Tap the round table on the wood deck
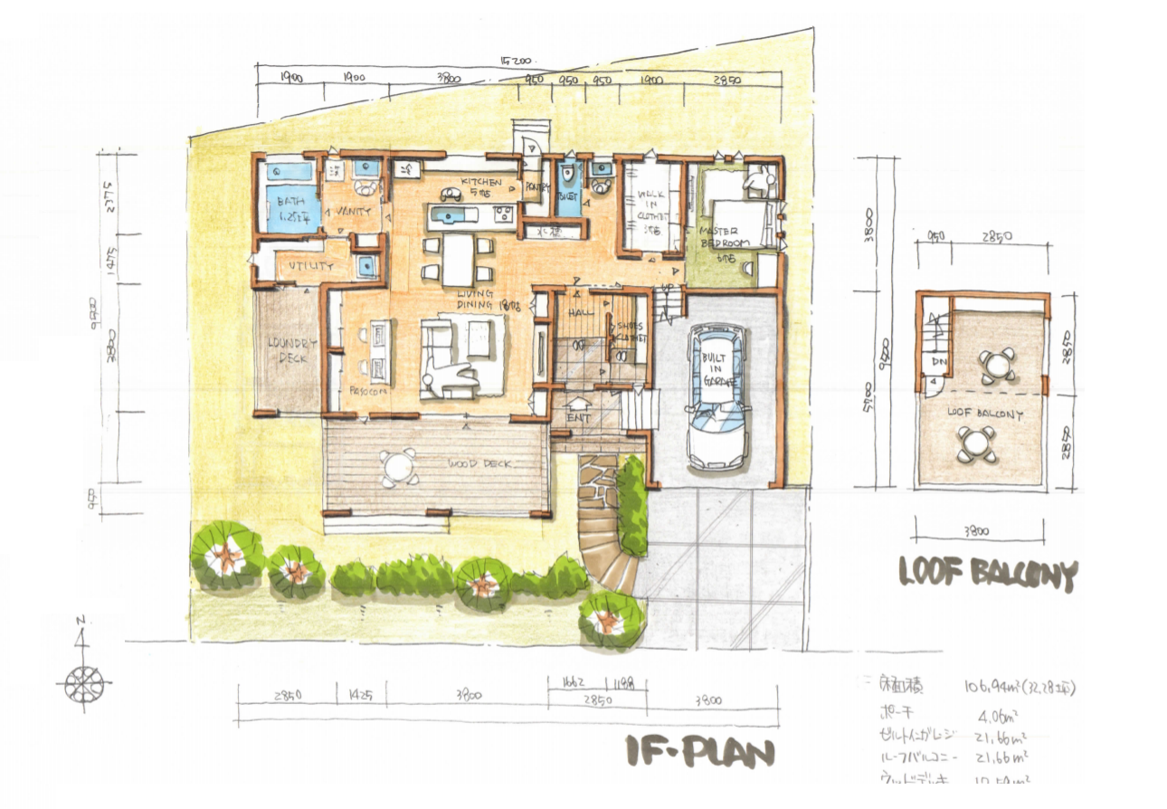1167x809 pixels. (398, 467)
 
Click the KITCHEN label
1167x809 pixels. (480, 182)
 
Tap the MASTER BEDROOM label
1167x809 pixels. (724, 237)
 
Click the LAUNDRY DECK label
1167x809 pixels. (290, 351)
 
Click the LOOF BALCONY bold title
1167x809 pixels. (988, 573)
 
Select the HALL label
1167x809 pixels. (580, 312)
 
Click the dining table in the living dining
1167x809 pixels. (459, 259)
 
